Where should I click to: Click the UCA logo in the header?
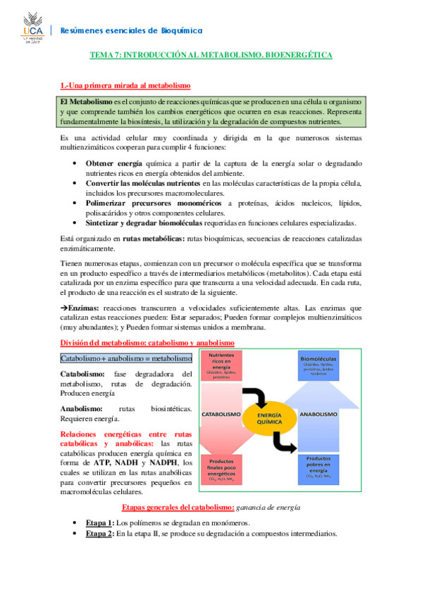27,27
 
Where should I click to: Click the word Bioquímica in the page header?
180,30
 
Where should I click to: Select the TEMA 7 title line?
211,54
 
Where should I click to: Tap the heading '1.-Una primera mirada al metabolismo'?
126,85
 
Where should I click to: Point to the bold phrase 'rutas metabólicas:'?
154,239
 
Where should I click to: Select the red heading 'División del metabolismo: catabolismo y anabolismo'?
147,342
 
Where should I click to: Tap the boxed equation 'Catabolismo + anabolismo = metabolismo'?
126,358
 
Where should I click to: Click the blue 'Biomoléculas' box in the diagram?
318,365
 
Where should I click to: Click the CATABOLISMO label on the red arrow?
223,415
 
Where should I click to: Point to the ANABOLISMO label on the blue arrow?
321,415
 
